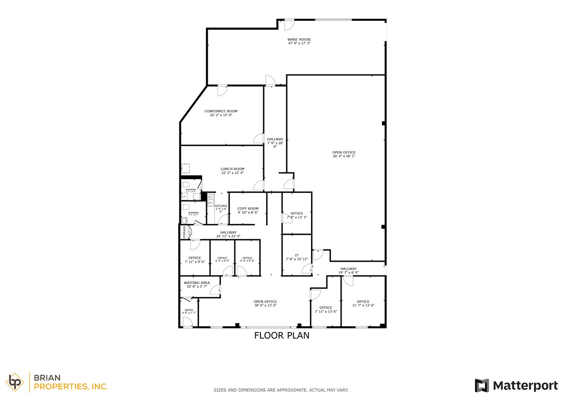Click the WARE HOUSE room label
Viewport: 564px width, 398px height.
click(299, 39)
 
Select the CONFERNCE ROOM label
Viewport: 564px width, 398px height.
click(221, 111)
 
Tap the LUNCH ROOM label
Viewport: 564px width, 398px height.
click(232, 169)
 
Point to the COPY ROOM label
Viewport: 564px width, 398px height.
click(248, 208)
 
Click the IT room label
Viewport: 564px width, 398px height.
click(297, 255)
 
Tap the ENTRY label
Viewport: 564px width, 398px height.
click(189, 310)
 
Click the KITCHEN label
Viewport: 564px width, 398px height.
click(221, 206)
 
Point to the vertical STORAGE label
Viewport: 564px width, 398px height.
click(184, 232)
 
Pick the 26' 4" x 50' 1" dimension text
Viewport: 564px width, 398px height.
click(344, 156)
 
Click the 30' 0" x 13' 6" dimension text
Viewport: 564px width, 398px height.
click(265, 306)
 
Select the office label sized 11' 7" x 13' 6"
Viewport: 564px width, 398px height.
click(363, 302)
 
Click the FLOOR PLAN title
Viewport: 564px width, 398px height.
click(281, 336)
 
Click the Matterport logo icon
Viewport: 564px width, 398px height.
click(482, 385)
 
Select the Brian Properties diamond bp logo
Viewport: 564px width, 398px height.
click(15, 382)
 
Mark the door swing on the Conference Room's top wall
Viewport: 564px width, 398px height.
click(222, 90)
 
